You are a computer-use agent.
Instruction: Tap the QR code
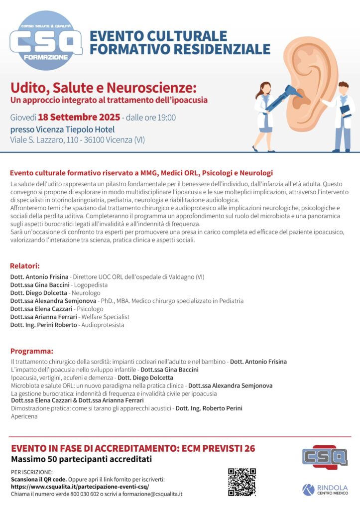241,482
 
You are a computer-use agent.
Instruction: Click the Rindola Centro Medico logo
325,490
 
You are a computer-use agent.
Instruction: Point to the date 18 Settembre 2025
79,118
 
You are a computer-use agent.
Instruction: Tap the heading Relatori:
25,265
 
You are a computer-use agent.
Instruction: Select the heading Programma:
31,351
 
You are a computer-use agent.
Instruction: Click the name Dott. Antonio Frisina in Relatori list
39,277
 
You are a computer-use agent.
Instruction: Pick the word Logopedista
91,285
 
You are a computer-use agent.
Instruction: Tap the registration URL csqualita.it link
80,487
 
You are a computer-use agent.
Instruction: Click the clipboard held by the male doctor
345,110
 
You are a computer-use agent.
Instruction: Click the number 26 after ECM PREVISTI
248,448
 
